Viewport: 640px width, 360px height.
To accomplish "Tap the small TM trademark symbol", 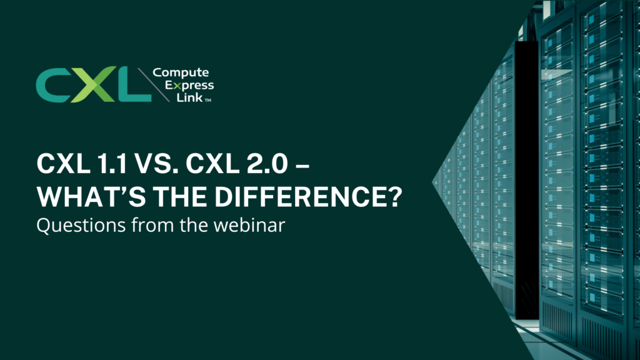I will click(207, 100).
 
